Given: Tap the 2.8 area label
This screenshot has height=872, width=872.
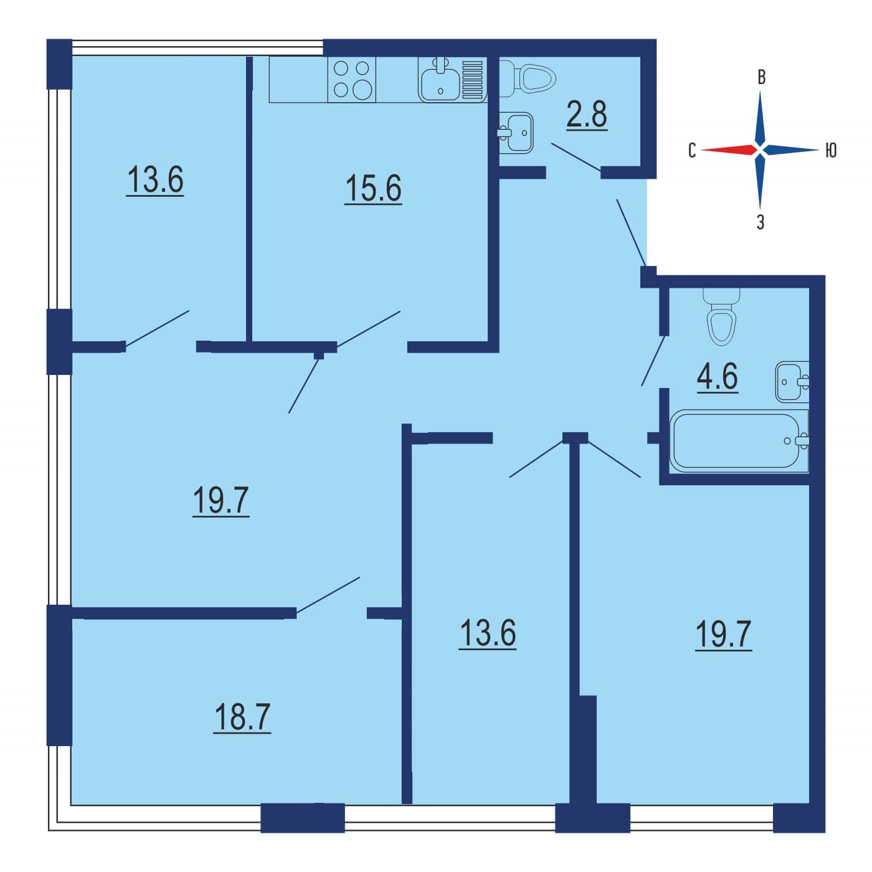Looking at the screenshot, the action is (587, 115).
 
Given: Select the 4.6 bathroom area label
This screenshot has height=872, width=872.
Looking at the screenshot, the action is (718, 376).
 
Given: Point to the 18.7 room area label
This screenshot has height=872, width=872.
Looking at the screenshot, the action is (242, 717).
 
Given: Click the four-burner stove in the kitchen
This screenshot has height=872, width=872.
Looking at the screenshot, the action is (352, 80).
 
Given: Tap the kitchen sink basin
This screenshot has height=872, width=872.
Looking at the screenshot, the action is (440, 80).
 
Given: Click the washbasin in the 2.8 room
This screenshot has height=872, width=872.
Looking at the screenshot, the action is (516, 133).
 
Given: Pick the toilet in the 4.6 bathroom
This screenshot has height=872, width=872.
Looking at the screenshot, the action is (721, 316).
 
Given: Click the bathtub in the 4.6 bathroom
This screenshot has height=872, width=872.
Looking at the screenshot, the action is (739, 441).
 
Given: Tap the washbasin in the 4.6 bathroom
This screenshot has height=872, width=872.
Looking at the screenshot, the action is (792, 382).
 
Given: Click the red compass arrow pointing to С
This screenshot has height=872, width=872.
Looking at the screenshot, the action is (728, 149).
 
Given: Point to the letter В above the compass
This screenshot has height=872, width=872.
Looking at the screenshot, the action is (762, 77).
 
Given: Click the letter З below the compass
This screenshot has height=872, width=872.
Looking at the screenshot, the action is (761, 222).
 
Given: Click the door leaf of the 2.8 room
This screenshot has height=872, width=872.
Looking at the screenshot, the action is (577, 157).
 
